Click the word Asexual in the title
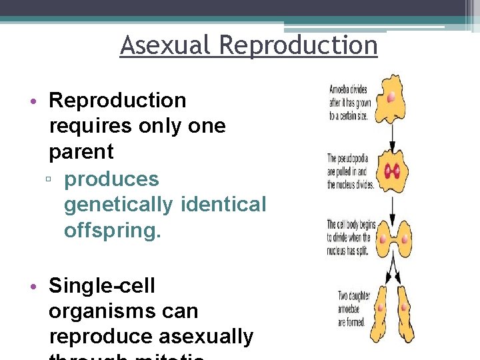pos(166,46)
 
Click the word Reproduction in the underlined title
pos(298,46)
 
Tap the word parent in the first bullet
pos(81,151)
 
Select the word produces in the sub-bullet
pos(112,179)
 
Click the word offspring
pos(113,230)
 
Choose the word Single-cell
pos(102,285)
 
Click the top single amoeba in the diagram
pos(391,98)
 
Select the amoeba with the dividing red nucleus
pos(392,171)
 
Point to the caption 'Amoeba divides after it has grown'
pos(350,101)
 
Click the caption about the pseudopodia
pos(350,171)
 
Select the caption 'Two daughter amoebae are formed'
pos(350,308)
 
